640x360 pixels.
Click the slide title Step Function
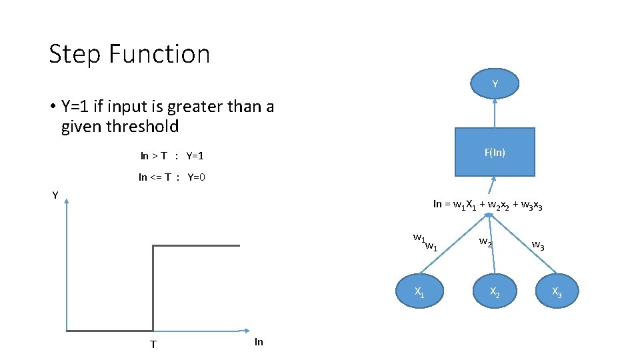tap(129, 54)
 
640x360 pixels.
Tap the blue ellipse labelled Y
tap(495, 84)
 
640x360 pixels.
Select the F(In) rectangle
tap(495, 152)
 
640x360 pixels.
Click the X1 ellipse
tap(419, 291)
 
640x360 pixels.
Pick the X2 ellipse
tap(495, 291)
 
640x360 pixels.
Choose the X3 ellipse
tap(557, 291)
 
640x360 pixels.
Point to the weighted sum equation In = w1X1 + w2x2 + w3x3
tap(487, 205)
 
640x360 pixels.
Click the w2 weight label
tap(486, 242)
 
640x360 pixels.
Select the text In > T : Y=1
tap(171, 156)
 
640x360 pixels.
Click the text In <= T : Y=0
tap(171, 177)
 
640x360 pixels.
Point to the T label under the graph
tap(153, 344)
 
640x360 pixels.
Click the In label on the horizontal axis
tap(259, 342)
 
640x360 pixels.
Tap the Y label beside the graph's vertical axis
tap(55, 195)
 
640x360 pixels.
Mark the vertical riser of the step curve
tap(153, 287)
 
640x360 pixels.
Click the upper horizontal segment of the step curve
tap(197, 246)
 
